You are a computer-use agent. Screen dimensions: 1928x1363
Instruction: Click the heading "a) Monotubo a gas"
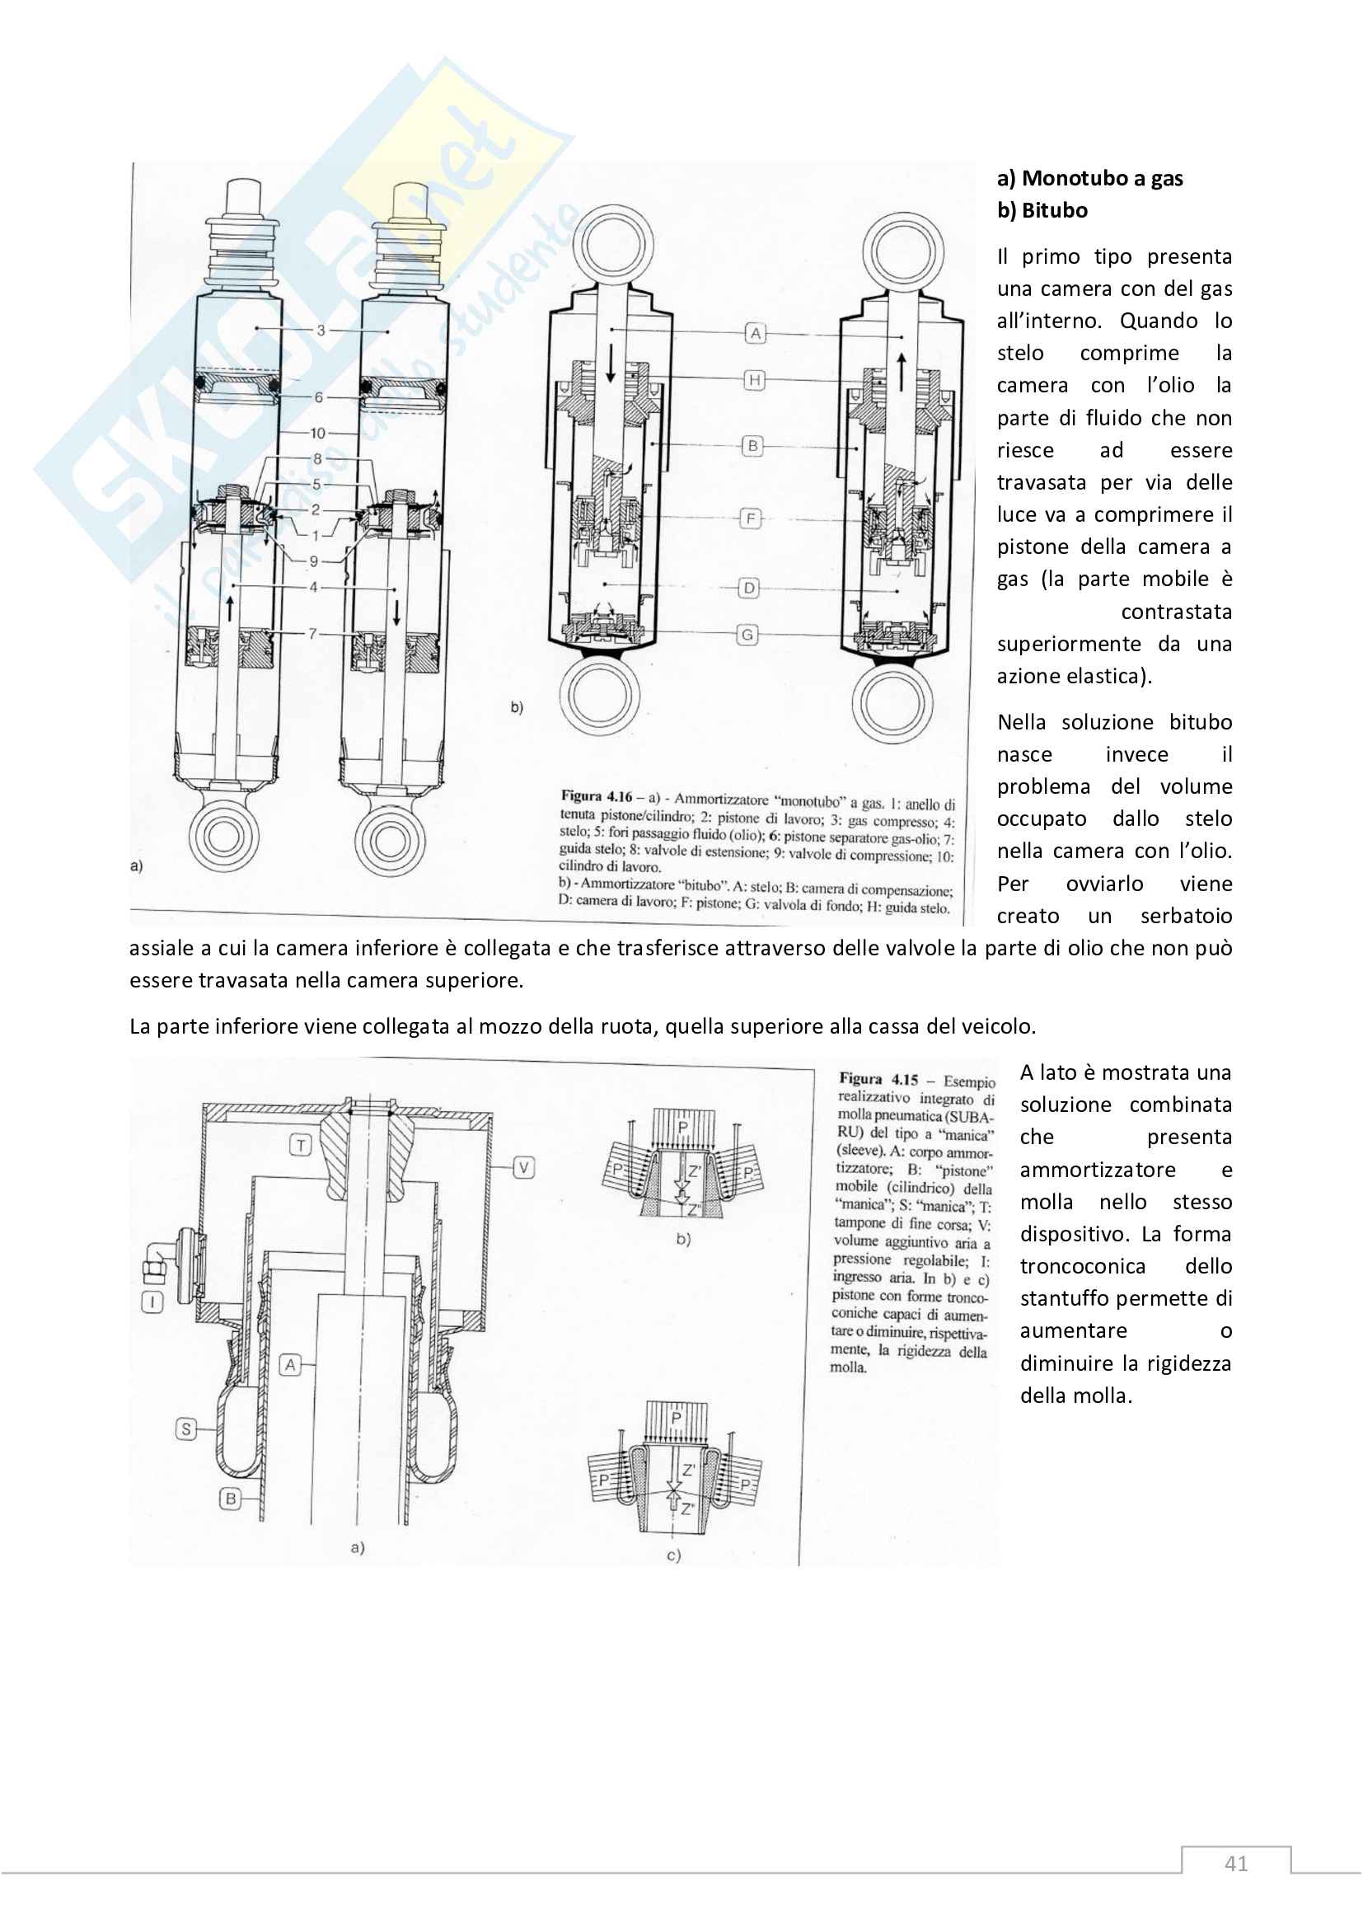pyautogui.click(x=1089, y=178)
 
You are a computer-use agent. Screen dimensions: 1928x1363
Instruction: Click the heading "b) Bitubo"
pyautogui.click(x=1042, y=210)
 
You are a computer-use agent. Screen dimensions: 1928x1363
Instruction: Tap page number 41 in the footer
pyautogui.click(x=1235, y=1864)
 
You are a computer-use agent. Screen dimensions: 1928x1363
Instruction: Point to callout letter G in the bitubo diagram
pyautogui.click(x=746, y=635)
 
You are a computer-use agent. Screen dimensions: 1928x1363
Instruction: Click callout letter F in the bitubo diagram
pyautogui.click(x=751, y=518)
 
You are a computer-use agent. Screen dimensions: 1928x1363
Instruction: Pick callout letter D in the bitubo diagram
pyautogui.click(x=748, y=588)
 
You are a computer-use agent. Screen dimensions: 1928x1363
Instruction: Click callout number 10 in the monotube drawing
pyautogui.click(x=317, y=434)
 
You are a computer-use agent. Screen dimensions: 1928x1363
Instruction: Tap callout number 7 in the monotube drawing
pyautogui.click(x=313, y=633)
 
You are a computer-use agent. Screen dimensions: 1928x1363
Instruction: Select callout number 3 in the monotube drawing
pyautogui.click(x=321, y=330)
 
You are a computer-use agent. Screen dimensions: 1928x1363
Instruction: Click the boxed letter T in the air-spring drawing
pyautogui.click(x=301, y=1145)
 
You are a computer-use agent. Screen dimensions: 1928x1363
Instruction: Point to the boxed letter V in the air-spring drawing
pyautogui.click(x=524, y=1167)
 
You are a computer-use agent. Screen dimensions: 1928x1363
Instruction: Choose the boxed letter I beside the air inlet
pyautogui.click(x=152, y=1302)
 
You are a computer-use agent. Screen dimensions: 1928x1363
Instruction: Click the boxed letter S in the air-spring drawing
pyautogui.click(x=186, y=1428)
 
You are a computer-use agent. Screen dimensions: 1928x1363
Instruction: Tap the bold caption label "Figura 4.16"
pyautogui.click(x=596, y=795)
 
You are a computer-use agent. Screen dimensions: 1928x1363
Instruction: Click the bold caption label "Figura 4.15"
pyautogui.click(x=878, y=1079)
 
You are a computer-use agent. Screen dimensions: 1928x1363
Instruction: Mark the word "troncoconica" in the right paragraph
pyautogui.click(x=1083, y=1266)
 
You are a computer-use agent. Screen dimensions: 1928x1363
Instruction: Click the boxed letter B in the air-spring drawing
pyautogui.click(x=230, y=1499)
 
